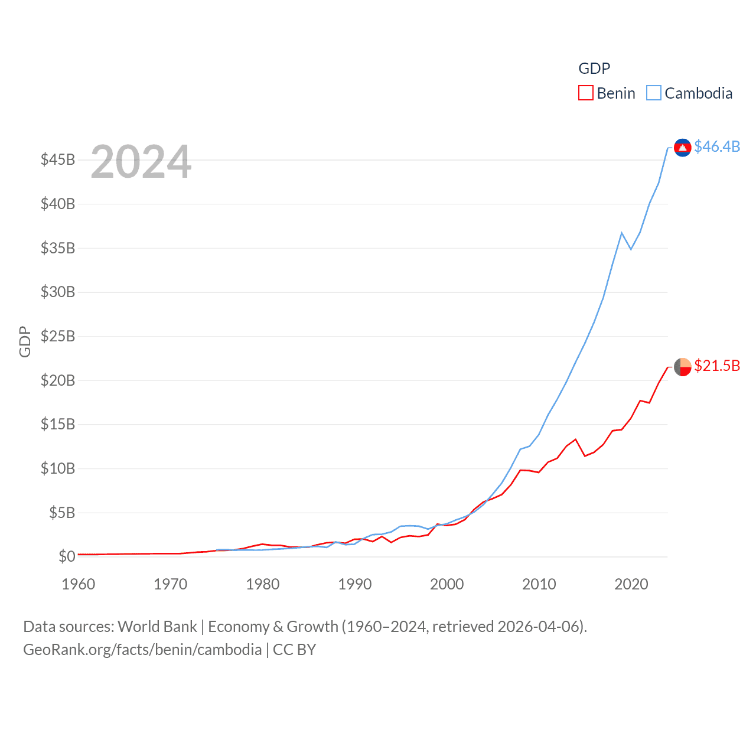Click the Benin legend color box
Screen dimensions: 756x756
(585, 93)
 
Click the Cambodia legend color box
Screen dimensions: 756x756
(653, 93)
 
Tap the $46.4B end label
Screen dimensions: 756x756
(717, 146)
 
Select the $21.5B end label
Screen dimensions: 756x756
(717, 366)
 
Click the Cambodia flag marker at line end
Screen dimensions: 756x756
(683, 148)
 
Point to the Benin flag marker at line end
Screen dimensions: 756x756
(683, 367)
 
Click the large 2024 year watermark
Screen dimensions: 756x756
(141, 162)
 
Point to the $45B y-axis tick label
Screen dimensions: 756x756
(58, 160)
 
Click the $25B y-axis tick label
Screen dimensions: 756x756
(58, 337)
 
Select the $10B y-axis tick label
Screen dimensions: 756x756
(58, 469)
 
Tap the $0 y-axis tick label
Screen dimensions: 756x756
(67, 556)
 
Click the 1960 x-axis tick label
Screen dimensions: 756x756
(79, 584)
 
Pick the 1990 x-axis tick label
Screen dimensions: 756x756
(355, 584)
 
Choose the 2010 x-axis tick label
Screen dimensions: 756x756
(539, 584)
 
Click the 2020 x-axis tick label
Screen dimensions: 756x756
(631, 584)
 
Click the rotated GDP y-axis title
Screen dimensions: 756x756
(25, 341)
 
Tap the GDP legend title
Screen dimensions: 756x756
(594, 69)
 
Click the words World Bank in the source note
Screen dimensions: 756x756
(158, 627)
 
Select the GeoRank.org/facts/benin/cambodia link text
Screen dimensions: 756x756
(142, 650)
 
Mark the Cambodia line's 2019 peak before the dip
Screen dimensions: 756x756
(622, 233)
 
